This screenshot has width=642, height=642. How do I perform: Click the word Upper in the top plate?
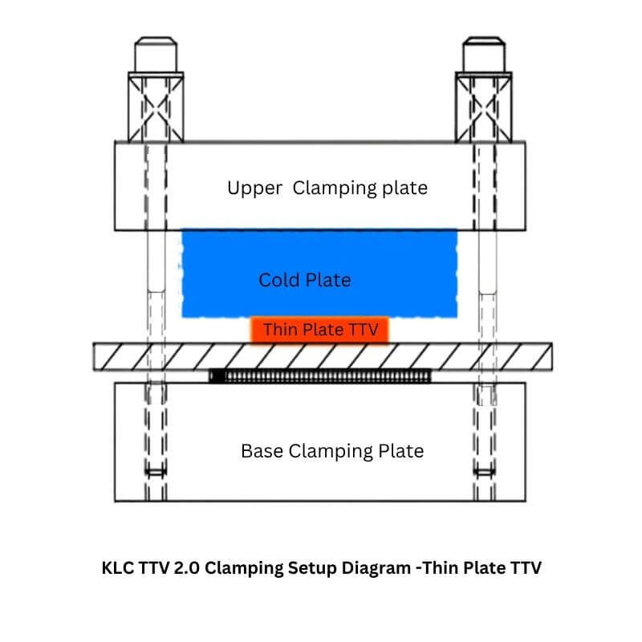click(254, 189)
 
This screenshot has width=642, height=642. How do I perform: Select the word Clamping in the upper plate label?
click(335, 189)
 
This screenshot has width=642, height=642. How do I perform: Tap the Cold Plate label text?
click(305, 280)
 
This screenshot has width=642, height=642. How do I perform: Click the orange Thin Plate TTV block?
click(319, 330)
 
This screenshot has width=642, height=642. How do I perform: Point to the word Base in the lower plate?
click(262, 451)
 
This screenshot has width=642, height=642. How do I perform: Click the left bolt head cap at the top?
click(156, 55)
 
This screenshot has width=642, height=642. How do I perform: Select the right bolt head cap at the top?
click(484, 55)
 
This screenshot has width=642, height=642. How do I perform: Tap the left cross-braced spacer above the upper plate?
click(156, 108)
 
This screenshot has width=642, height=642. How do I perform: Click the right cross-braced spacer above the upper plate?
click(484, 108)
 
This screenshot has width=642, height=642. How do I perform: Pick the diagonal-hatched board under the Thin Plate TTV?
click(323, 356)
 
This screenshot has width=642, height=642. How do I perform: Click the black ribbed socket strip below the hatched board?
click(319, 376)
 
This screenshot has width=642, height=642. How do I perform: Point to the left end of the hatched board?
click(94, 356)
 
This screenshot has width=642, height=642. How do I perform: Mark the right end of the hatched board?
click(552, 356)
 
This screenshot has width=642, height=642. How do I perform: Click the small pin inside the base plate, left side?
click(156, 473)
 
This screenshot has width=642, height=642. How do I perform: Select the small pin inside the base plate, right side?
click(484, 473)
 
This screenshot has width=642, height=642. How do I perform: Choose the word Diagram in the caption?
click(376, 569)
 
